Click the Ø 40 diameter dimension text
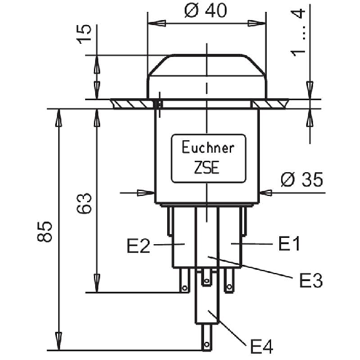click(x=206, y=11)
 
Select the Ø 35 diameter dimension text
click(x=302, y=179)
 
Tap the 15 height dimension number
click(x=84, y=34)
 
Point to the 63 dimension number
click(x=84, y=203)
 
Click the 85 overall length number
click(x=44, y=232)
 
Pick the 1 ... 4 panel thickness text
click(x=298, y=33)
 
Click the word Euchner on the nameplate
click(x=208, y=147)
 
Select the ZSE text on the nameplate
click(x=207, y=167)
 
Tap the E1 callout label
click(x=289, y=244)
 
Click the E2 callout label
click(x=138, y=246)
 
